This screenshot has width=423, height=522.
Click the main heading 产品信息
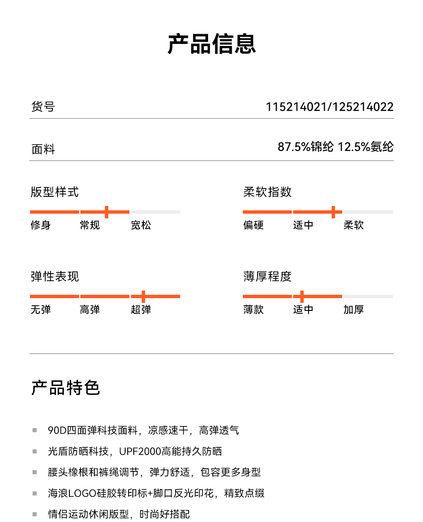(x=211, y=44)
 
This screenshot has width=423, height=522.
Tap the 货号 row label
(x=43, y=107)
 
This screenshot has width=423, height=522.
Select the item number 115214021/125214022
(x=329, y=107)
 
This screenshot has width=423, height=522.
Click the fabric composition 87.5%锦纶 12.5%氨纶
(x=335, y=147)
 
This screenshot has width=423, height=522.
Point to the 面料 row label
(x=43, y=149)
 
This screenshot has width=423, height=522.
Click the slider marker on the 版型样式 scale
(x=107, y=212)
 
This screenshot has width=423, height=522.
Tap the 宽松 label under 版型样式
(x=141, y=225)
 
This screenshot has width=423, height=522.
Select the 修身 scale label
(x=41, y=225)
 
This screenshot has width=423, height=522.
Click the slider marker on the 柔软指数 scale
(x=333, y=212)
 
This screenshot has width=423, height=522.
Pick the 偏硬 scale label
(x=253, y=225)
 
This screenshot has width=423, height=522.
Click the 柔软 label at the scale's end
(x=354, y=225)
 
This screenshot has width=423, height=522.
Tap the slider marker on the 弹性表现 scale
(x=143, y=296)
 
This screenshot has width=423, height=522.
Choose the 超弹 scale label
(x=141, y=310)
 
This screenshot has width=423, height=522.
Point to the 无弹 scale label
(x=41, y=310)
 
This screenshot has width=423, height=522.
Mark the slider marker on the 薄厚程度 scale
(x=302, y=296)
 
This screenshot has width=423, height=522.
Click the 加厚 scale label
(x=354, y=310)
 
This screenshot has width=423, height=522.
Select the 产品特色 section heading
(x=66, y=388)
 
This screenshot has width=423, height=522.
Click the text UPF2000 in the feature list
(x=140, y=451)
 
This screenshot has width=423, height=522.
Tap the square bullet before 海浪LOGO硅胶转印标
(x=35, y=493)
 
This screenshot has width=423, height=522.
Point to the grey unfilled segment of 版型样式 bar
(x=155, y=212)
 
